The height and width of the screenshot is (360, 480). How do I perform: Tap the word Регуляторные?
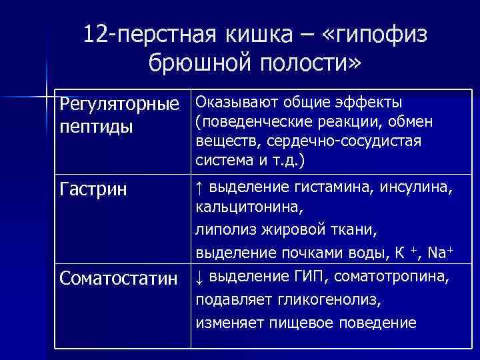[x=119, y=105]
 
